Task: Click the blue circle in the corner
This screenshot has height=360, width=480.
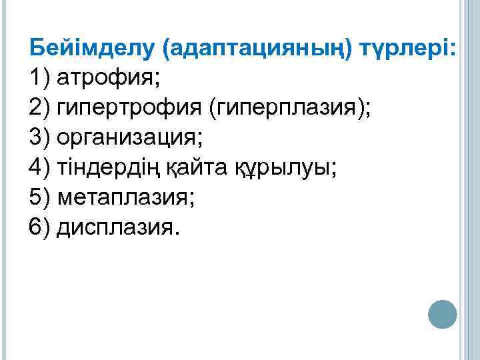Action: (x=441, y=314)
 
